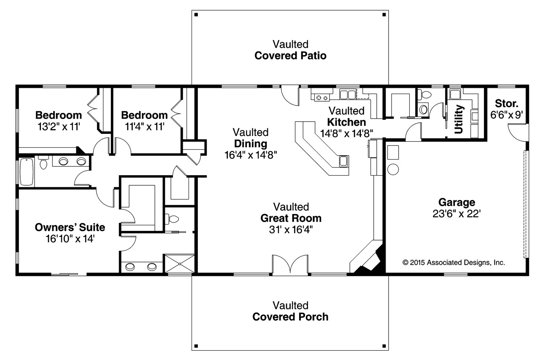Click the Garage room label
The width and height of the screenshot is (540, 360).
[456, 202]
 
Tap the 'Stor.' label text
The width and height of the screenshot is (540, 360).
[507, 103]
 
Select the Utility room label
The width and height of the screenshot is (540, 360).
[459, 119]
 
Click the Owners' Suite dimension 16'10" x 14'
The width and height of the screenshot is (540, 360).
[70, 239]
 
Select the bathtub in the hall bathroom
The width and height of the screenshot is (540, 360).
[26, 171]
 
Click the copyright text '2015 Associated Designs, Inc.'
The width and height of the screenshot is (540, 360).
[454, 262]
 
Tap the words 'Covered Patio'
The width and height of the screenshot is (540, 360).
[290, 56]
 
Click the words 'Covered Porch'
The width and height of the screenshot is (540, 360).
[290, 317]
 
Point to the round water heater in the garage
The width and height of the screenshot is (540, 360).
[393, 169]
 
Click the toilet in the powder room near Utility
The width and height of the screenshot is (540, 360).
[424, 109]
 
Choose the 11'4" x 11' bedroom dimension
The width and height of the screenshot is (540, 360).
[144, 126]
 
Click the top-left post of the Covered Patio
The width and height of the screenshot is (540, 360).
[196, 15]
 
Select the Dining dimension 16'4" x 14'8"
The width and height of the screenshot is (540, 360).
[251, 155]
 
